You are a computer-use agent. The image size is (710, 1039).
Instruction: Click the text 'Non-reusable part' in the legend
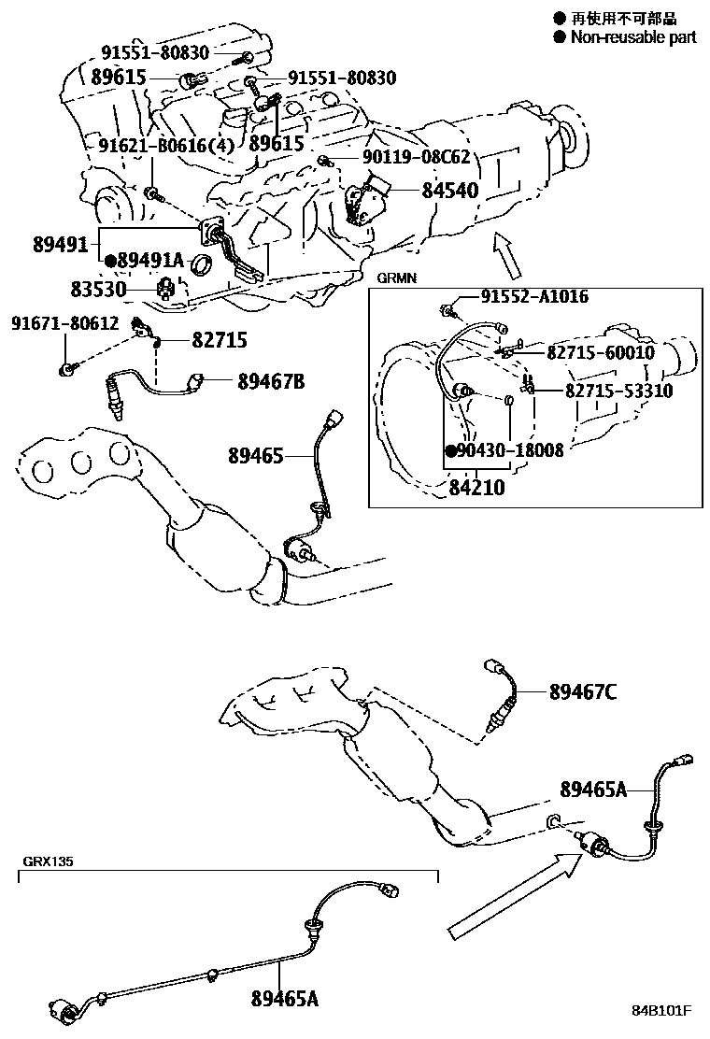(633, 37)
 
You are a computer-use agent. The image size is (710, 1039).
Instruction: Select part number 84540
(450, 191)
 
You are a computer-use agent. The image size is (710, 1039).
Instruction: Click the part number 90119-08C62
(416, 158)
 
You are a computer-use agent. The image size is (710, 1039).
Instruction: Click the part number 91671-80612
(65, 323)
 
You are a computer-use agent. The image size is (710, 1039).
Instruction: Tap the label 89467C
(582, 691)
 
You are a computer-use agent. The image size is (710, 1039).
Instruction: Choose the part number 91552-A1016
(534, 297)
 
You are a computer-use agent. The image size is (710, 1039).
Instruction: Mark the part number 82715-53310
(618, 391)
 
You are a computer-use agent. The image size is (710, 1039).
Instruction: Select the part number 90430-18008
(510, 449)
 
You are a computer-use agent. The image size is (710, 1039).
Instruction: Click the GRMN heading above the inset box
(396, 278)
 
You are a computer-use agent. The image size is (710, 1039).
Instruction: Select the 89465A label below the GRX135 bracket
(285, 999)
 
